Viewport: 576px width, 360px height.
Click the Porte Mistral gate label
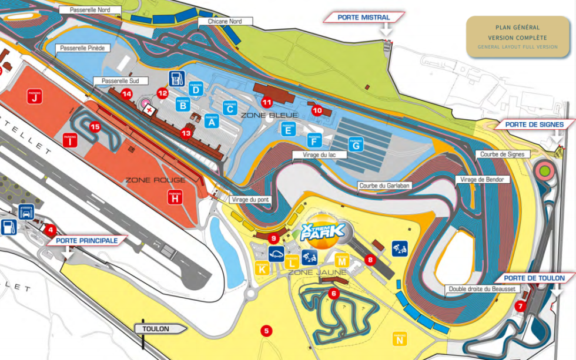pyautogui.click(x=364, y=18)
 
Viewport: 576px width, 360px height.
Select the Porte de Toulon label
pyautogui.click(x=534, y=278)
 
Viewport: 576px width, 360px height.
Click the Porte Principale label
pyautogui.click(x=87, y=240)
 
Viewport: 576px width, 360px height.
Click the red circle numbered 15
pyautogui.click(x=95, y=126)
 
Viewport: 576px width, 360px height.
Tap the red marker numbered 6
pyautogui.click(x=333, y=294)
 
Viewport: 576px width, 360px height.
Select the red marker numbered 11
pyautogui.click(x=267, y=102)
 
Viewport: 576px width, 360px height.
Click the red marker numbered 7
pyautogui.click(x=520, y=306)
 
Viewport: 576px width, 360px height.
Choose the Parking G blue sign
pyautogui.click(x=355, y=144)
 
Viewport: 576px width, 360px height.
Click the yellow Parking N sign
pyautogui.click(x=400, y=339)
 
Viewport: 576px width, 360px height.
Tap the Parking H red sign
pyautogui.click(x=175, y=197)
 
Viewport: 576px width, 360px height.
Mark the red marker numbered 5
pyautogui.click(x=267, y=331)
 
